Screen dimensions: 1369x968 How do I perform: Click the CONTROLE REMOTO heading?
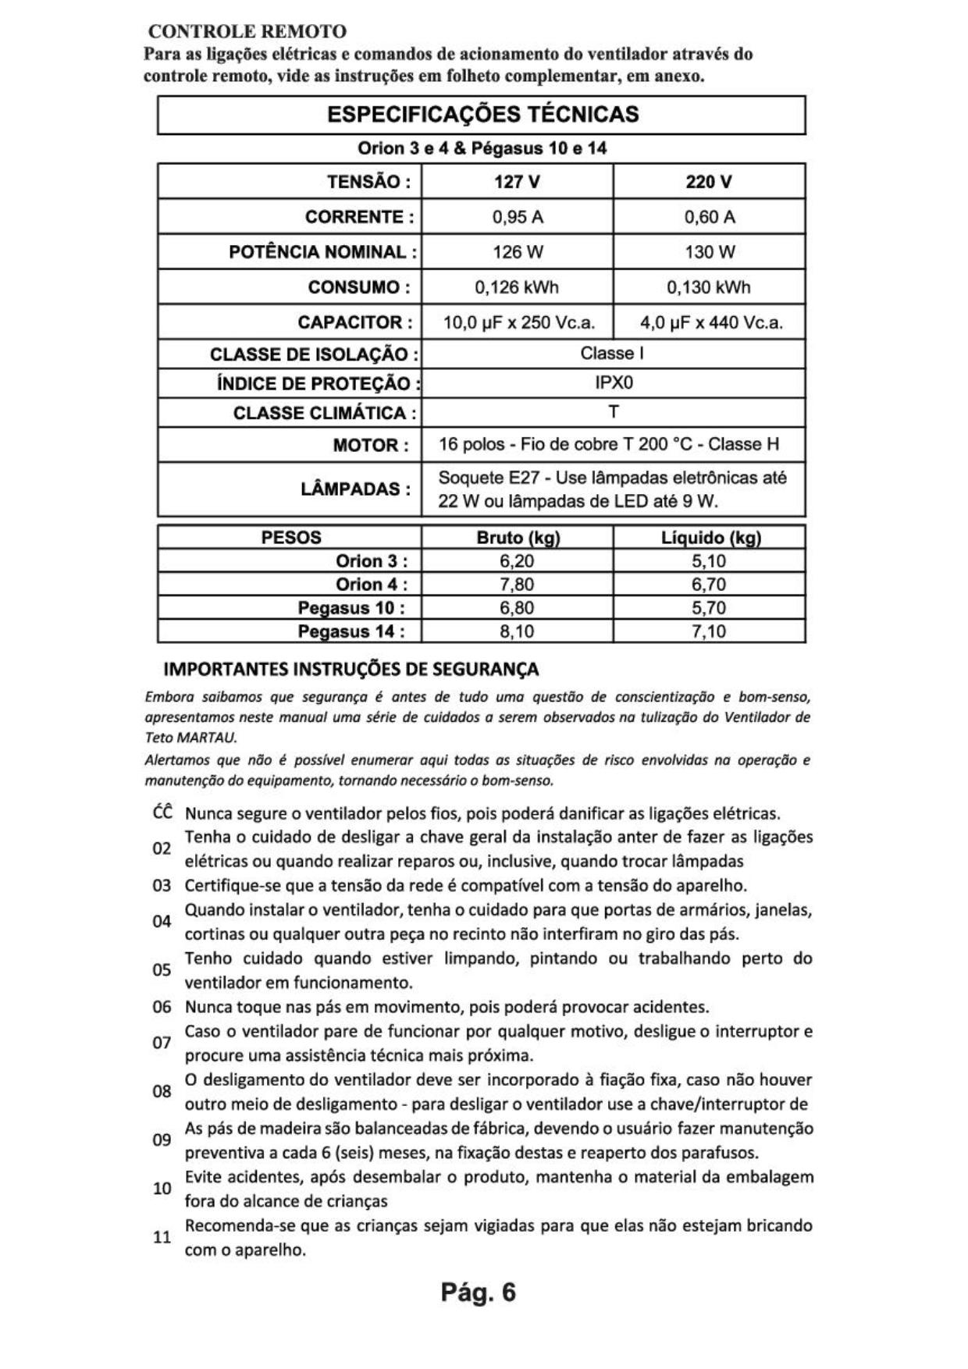click(247, 32)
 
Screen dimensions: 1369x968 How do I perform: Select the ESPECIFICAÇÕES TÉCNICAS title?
click(482, 115)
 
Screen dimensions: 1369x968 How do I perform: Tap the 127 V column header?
click(517, 182)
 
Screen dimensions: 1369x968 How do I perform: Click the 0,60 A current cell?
click(709, 217)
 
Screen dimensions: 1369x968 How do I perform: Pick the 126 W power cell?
click(517, 252)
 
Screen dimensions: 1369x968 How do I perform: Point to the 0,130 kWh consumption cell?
click(709, 287)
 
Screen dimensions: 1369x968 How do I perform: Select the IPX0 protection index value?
click(613, 383)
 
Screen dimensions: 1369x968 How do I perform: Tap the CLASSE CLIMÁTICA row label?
click(325, 413)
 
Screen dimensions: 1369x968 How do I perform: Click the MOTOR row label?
click(371, 446)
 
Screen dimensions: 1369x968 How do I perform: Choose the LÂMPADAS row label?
click(355, 489)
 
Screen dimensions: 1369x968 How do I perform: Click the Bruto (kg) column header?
click(518, 538)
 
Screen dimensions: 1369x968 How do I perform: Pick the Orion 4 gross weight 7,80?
click(517, 585)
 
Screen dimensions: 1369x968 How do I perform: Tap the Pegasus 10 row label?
click(351, 608)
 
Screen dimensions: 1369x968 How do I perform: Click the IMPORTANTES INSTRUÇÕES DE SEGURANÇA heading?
click(351, 670)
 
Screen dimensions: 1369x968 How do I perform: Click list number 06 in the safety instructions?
click(162, 1007)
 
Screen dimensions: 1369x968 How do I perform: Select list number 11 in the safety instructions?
click(162, 1237)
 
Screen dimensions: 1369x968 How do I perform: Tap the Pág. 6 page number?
click(478, 1293)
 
